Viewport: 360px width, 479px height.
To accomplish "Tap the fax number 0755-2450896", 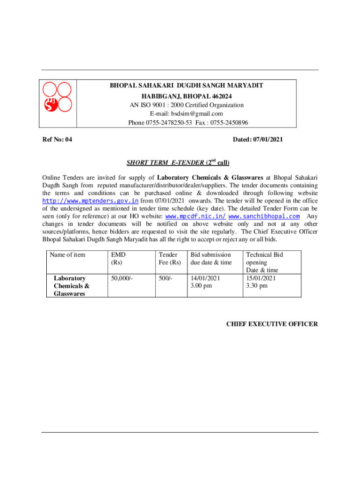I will pyautogui.click(x=229, y=123).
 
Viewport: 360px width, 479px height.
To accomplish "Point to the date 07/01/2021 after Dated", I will pyautogui.click(x=267, y=139).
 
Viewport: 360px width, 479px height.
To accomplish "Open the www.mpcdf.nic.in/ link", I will pyautogui.click(x=196, y=217).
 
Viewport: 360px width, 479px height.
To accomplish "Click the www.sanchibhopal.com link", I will pyautogui.click(x=264, y=217).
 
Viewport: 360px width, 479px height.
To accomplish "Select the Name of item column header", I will pyautogui.click(x=68, y=254).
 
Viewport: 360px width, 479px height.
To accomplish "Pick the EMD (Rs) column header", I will pyautogui.click(x=118, y=258).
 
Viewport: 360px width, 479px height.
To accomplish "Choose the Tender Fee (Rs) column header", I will pyautogui.click(x=169, y=258).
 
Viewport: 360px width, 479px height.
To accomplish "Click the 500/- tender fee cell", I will pyautogui.click(x=166, y=278).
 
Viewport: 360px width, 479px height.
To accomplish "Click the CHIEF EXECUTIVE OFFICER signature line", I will pyautogui.click(x=272, y=324).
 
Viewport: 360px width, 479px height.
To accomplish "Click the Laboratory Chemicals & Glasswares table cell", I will pyautogui.click(x=72, y=286).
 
